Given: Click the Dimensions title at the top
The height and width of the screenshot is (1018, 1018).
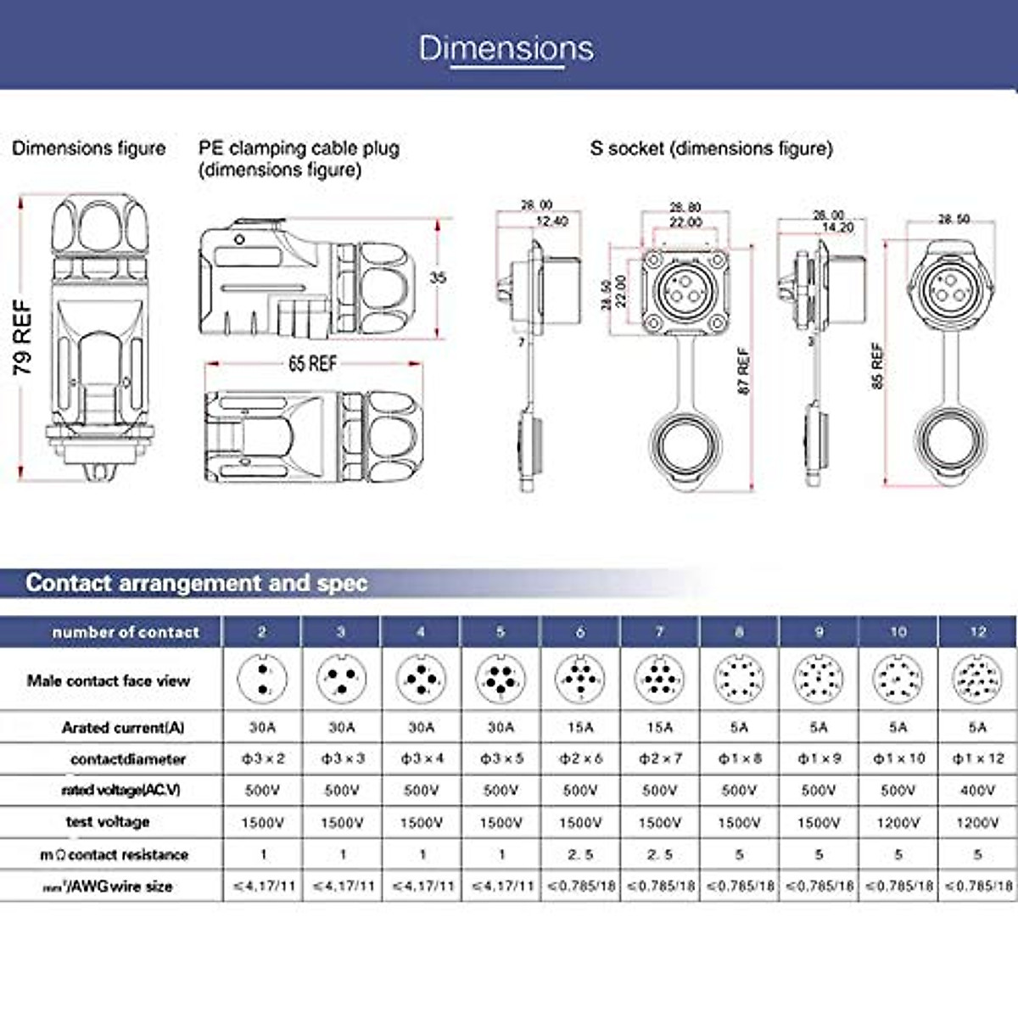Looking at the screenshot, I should [x=506, y=48].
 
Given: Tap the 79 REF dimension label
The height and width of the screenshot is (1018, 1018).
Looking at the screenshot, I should [x=23, y=338].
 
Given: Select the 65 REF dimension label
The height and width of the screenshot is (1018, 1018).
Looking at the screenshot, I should [x=312, y=364].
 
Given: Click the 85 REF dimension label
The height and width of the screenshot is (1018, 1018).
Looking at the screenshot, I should [x=877, y=366].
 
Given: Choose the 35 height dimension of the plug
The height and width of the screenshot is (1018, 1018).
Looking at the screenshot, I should [x=438, y=277].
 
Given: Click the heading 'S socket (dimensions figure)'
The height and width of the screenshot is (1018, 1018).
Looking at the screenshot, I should [x=711, y=148].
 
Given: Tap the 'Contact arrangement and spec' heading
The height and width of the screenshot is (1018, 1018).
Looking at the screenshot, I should [x=197, y=583].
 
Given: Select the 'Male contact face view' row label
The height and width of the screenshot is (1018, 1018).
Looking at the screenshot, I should [x=109, y=680].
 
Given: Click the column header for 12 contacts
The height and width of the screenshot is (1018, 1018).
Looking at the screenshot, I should [x=977, y=632].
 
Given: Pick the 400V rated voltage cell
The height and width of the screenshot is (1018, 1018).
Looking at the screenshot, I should [x=977, y=791].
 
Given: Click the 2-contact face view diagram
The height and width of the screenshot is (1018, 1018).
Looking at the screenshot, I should [x=262, y=680].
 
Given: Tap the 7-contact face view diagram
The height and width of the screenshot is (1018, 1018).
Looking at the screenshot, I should [x=659, y=680].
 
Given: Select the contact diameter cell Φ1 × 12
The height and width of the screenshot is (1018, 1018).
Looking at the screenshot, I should [x=977, y=758].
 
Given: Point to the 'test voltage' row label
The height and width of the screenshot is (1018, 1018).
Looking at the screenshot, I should [x=108, y=821].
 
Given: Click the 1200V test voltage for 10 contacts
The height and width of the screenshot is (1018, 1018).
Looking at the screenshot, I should [x=898, y=822].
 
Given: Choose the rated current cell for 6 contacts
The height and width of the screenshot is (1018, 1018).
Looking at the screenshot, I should [x=580, y=727].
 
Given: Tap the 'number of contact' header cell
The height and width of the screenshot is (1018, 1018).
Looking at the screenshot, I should [x=126, y=632].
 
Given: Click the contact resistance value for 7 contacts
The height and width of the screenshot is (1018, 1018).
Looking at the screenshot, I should [x=659, y=854].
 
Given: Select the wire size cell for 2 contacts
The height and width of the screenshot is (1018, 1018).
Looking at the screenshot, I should [x=264, y=887].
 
